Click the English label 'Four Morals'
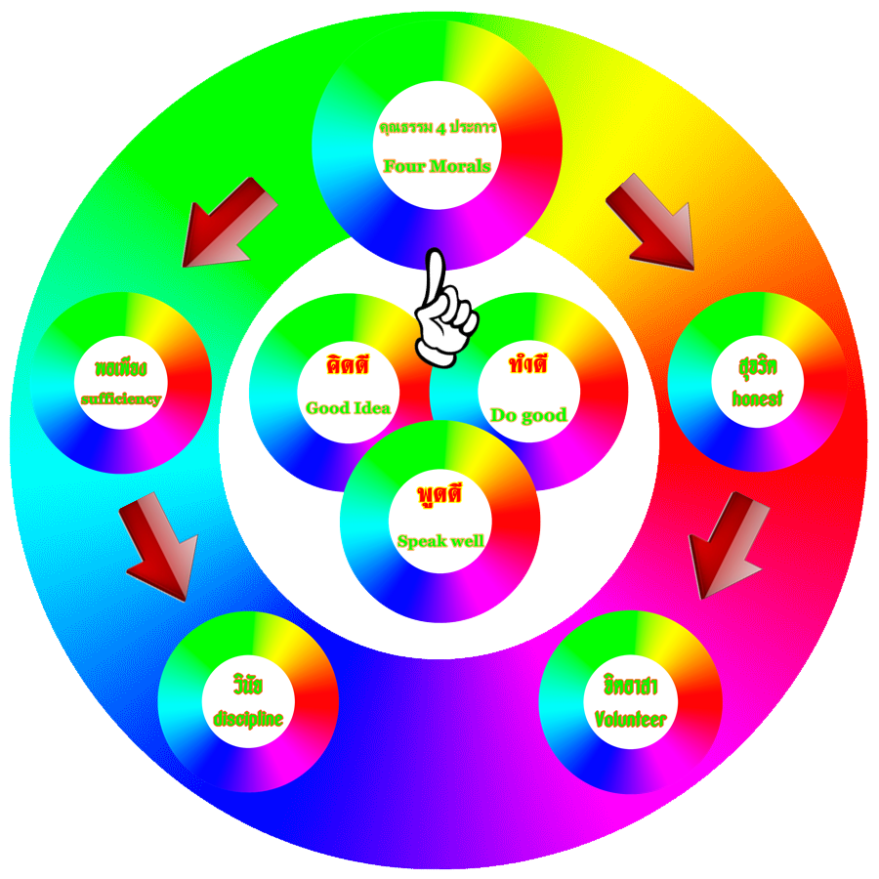tap(437, 166)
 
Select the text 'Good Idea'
tap(349, 407)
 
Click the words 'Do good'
tap(528, 415)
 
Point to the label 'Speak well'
tap(440, 540)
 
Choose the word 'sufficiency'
tap(121, 398)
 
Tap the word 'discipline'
tap(248, 720)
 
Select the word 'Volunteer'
tap(631, 720)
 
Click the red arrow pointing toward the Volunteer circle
tap(727, 545)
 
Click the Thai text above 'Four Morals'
tap(437, 128)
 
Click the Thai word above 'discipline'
tap(248, 681)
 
